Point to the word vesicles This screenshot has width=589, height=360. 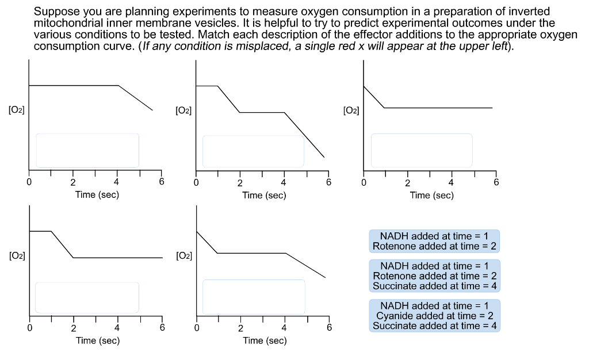click(x=251, y=23)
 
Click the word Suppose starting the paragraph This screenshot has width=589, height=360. click(x=56, y=12)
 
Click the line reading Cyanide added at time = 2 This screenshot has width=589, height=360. click(x=434, y=316)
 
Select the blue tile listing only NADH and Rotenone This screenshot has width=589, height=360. click(x=434, y=241)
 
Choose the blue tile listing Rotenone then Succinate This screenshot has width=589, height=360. click(x=434, y=276)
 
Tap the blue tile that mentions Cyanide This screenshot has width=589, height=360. click(x=434, y=316)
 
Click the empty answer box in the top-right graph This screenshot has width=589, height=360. click(x=422, y=150)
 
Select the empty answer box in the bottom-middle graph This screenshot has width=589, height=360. click(x=254, y=296)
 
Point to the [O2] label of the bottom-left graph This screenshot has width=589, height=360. click(x=17, y=256)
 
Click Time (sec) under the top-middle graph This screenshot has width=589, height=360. click(x=264, y=196)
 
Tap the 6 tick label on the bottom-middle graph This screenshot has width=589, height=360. click(x=329, y=328)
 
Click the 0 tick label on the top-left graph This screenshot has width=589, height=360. click(x=29, y=182)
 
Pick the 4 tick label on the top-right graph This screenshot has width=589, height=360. click(x=452, y=183)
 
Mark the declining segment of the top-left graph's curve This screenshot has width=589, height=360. click(x=136, y=98)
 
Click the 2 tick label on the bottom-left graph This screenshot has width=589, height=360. click(x=73, y=328)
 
